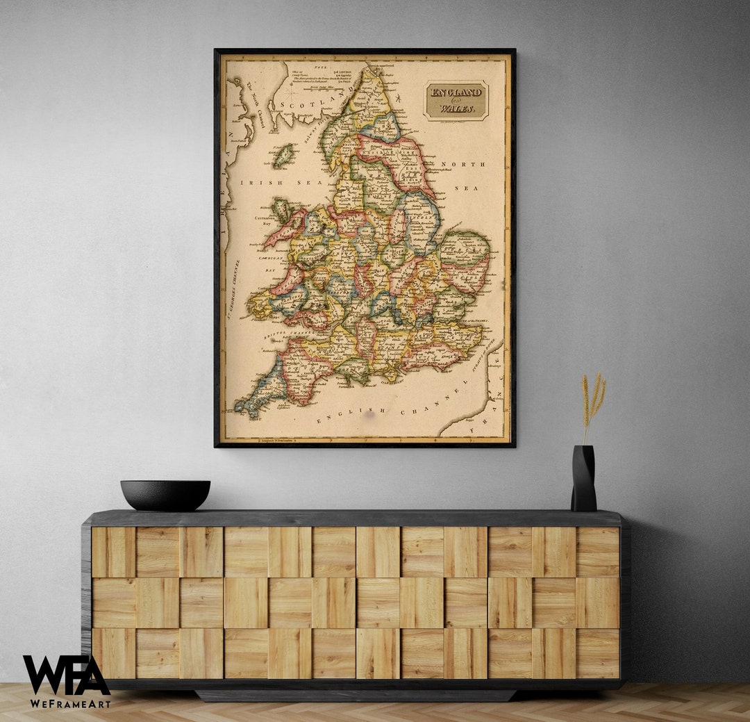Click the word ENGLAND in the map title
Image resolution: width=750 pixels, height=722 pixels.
(456, 92)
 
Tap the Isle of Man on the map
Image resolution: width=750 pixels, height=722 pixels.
(282, 156)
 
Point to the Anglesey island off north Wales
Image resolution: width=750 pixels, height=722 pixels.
(281, 209)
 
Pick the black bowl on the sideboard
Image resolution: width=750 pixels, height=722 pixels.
(165, 495)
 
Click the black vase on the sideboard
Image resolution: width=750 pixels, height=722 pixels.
(583, 479)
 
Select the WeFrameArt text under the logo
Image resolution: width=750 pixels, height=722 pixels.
(69, 703)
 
